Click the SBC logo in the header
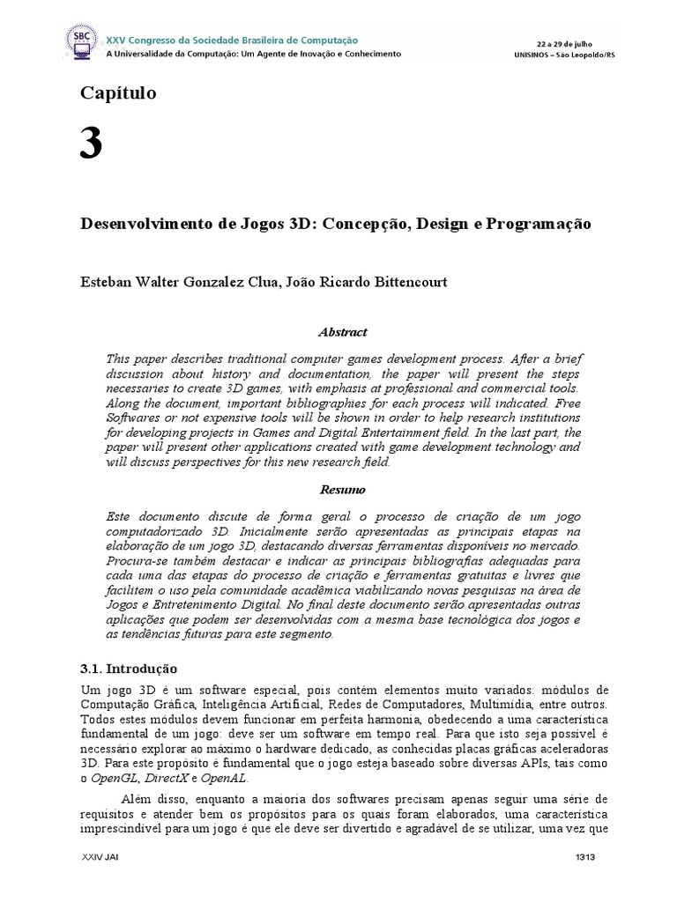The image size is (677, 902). [83, 40]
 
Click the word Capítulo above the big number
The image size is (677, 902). [118, 92]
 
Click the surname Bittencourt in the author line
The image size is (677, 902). [406, 283]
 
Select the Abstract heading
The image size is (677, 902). [341, 332]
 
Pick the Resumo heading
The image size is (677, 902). [341, 489]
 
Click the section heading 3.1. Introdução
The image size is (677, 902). [129, 669]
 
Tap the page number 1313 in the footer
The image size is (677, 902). [585, 857]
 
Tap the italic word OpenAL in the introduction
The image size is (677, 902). [225, 778]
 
